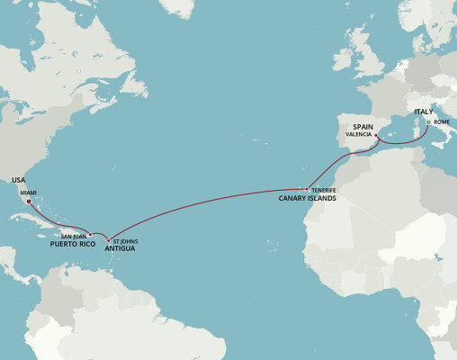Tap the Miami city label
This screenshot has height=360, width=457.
click(x=29, y=193)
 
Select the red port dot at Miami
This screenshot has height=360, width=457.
click(x=30, y=202)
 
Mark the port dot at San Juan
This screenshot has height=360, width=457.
click(x=91, y=235)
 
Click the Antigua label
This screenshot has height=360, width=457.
click(x=120, y=248)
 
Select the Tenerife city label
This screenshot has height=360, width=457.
click(x=323, y=190)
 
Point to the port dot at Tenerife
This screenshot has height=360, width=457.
click(x=307, y=189)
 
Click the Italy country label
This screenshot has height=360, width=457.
click(x=424, y=112)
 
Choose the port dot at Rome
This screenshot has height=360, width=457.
click(x=428, y=121)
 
